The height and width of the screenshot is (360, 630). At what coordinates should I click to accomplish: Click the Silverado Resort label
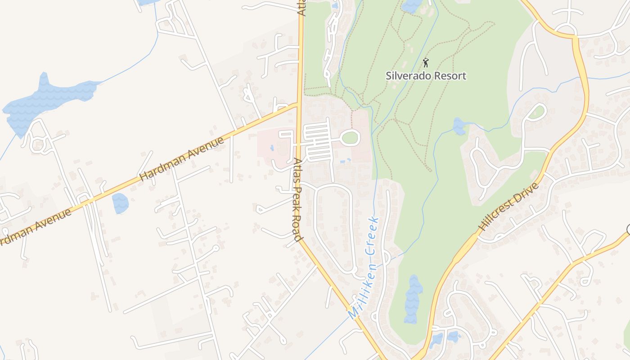tap(426, 76)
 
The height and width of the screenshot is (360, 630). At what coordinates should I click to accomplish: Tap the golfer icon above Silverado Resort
tap(426, 63)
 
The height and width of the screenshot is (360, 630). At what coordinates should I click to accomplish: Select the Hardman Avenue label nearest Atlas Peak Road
tap(182, 160)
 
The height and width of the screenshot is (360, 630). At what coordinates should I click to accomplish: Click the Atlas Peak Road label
tap(297, 199)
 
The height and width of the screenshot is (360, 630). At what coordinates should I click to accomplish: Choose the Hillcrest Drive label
tap(509, 207)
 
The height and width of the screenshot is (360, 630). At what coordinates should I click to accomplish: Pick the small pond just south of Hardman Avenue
tap(120, 203)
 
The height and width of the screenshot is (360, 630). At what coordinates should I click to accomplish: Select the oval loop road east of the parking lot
tap(350, 138)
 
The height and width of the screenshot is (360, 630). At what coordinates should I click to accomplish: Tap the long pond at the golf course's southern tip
tap(413, 299)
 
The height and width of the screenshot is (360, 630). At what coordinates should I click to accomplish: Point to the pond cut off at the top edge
tap(412, 5)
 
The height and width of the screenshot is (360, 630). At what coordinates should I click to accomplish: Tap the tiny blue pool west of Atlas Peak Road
tap(272, 148)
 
